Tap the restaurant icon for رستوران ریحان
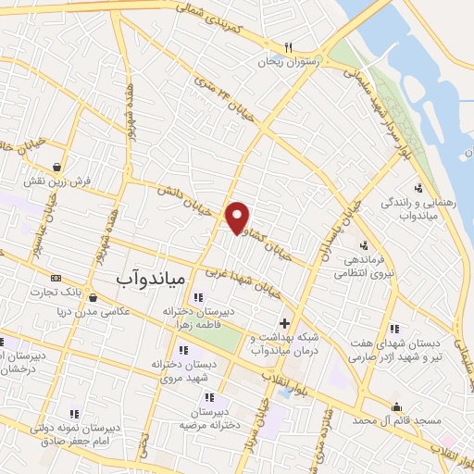point(288,47)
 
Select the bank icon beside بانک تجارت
point(56,278)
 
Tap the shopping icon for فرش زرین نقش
point(59,167)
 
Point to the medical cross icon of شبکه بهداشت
point(284,324)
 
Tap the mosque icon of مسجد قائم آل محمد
point(397,406)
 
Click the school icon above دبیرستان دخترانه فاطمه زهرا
point(197,297)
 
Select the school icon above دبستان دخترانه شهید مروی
point(182,350)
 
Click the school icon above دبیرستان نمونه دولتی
point(72,413)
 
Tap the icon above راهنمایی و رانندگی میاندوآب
point(418,188)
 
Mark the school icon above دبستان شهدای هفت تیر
point(394,329)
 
